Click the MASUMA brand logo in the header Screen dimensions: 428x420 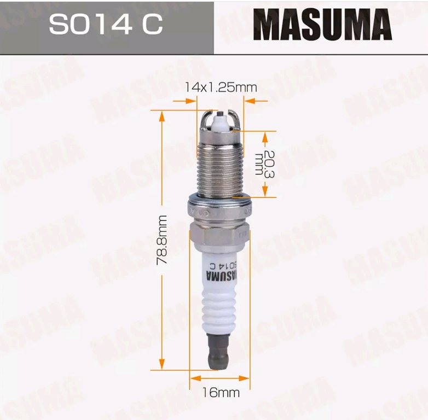pos(322,25)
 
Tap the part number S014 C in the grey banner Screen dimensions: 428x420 pos(106,24)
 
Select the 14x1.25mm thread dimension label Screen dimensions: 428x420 pos(221,87)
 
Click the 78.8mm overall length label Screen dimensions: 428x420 pos(162,240)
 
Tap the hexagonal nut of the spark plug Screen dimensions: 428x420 pos(219,236)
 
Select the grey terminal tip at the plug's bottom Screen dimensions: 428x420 pos(218,352)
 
